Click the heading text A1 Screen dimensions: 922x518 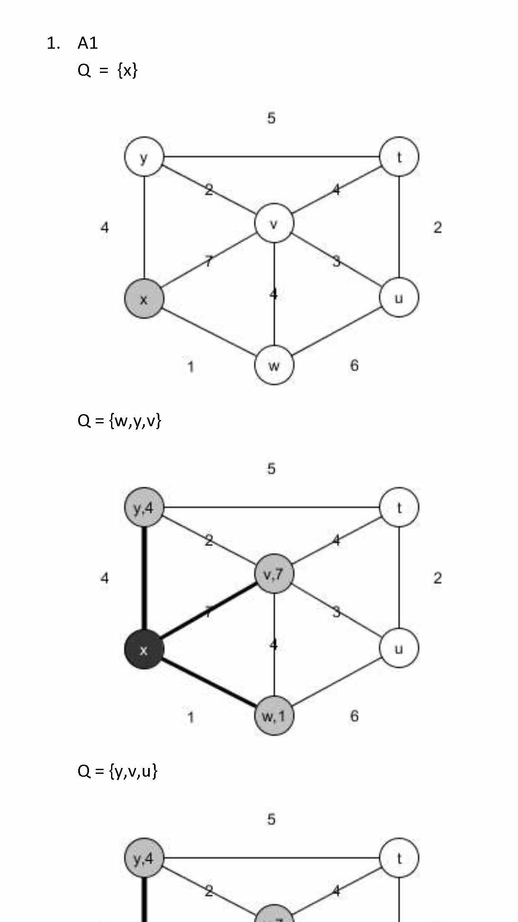coord(87,43)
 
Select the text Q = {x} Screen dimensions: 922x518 coord(107,70)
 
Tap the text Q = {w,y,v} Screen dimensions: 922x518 coord(119,421)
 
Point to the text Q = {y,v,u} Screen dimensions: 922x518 coord(117,771)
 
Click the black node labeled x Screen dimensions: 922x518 coord(144,650)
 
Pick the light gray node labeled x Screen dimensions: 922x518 coord(144,299)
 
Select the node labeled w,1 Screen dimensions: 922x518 coord(274,716)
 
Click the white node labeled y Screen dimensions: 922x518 coord(144,157)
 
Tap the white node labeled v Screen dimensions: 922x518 coord(274,224)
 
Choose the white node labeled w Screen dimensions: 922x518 coord(274,365)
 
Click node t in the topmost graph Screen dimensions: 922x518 coord(399,157)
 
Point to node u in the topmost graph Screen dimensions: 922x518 coord(399,298)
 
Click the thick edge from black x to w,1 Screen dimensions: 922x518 coord(208,683)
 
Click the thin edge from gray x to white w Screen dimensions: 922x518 coord(208,332)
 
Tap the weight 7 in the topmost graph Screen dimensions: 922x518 coord(208,261)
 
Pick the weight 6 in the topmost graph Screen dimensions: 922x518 coord(354,365)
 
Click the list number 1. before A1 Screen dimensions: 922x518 coord(53,43)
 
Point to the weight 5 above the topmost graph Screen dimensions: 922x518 coord(271,118)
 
